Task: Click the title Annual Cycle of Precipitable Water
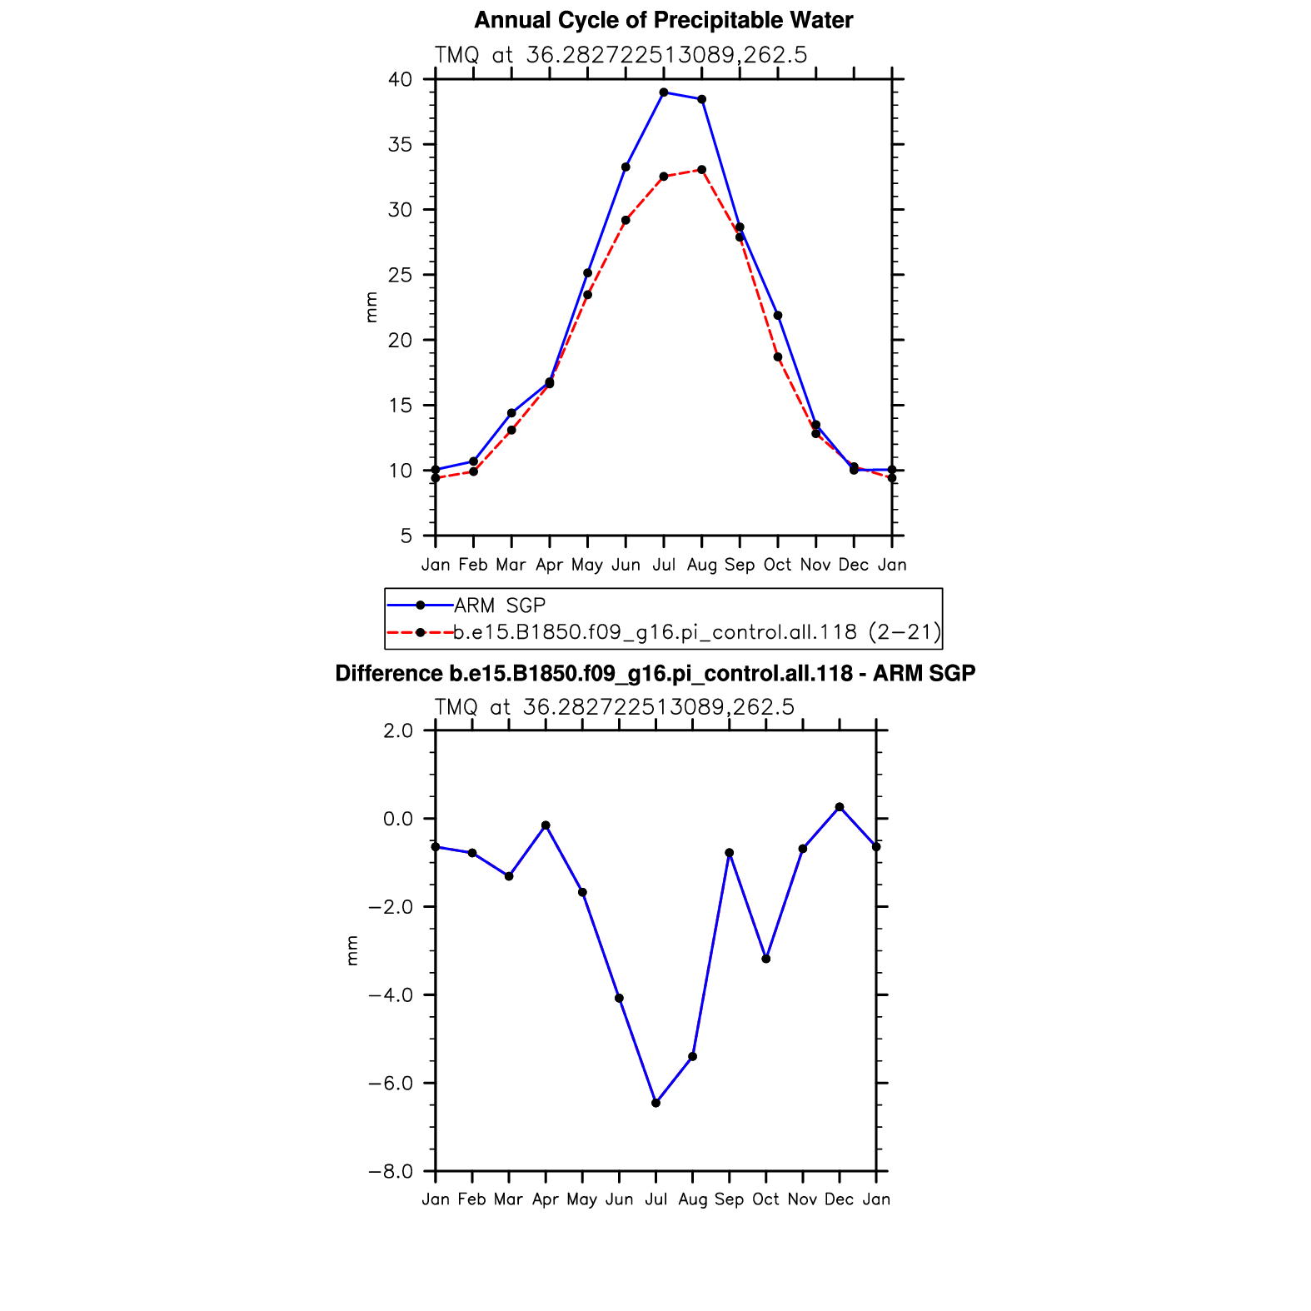point(663,21)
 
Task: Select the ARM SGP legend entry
point(499,606)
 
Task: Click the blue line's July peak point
point(664,92)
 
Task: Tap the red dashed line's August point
point(701,170)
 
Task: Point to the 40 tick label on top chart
point(400,80)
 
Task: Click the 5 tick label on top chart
point(406,536)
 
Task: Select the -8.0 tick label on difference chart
point(391,1172)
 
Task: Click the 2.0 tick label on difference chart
point(398,731)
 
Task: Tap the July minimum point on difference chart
point(655,1103)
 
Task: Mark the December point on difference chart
point(840,807)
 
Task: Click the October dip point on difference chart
point(766,959)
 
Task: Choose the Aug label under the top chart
point(702,566)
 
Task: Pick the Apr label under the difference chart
point(546,1199)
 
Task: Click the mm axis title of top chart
point(371,307)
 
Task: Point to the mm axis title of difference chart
point(351,950)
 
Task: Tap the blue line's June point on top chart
point(626,167)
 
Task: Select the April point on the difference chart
point(546,825)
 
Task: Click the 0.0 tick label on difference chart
point(398,819)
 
